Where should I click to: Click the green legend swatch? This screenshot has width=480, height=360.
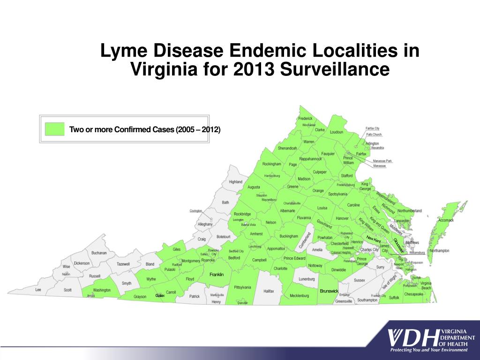(54, 129)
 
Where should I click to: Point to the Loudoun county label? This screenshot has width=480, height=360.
(337, 132)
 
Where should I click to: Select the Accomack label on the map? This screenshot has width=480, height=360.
(446, 220)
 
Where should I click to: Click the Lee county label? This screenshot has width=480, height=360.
(38, 290)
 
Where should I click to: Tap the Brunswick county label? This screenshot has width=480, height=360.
(329, 291)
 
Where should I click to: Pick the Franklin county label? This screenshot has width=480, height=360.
(217, 274)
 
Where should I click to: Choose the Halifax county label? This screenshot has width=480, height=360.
(269, 291)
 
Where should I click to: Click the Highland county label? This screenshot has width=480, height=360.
(236, 182)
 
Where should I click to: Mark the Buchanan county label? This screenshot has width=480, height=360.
(99, 253)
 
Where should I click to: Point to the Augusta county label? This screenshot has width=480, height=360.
(254, 187)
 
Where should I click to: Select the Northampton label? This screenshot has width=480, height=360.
(439, 251)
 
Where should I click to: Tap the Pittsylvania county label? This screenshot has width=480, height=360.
(243, 287)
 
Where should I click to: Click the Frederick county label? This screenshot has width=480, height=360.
(305, 119)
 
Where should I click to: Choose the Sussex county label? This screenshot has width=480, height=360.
(360, 280)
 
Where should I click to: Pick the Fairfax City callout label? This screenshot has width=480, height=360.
(373, 128)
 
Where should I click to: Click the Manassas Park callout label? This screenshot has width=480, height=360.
(382, 161)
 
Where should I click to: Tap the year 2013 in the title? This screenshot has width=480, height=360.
(253, 70)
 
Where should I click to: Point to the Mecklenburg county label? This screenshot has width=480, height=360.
(300, 296)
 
